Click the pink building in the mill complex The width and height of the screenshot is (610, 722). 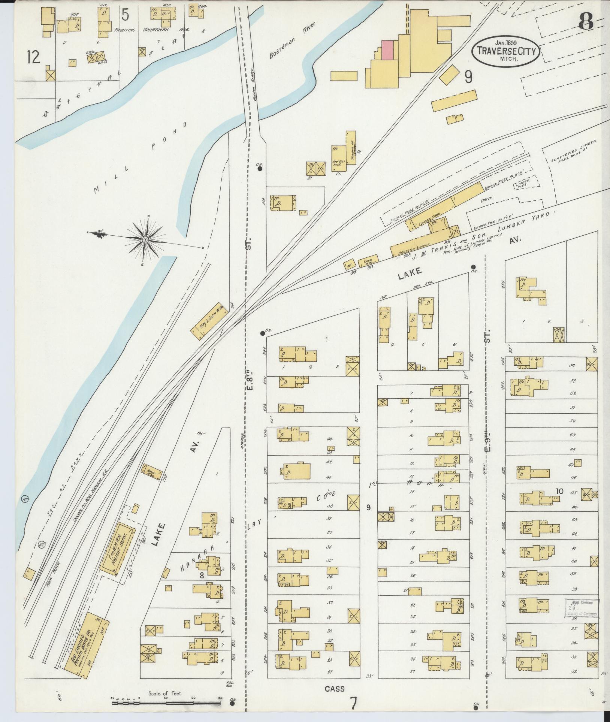pyautogui.click(x=387, y=50)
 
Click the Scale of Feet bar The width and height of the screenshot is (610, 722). pyautogui.click(x=165, y=702)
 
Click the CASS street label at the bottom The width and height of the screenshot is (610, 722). pyautogui.click(x=334, y=689)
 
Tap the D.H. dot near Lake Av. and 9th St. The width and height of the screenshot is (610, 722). pyautogui.click(x=473, y=267)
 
